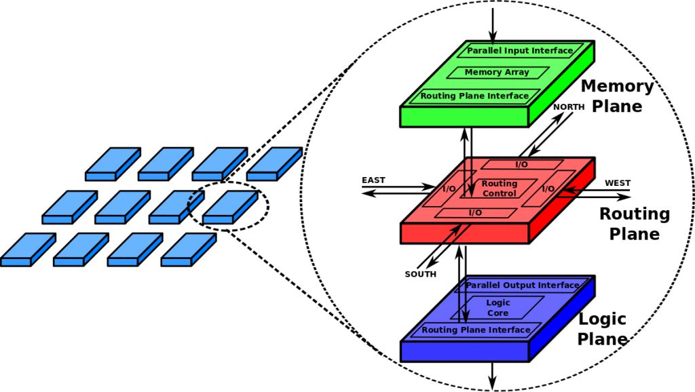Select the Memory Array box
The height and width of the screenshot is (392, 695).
pyautogui.click(x=497, y=73)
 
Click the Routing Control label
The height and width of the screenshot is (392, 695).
pyautogui.click(x=499, y=189)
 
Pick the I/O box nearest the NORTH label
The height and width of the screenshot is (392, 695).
pyautogui.click(x=521, y=164)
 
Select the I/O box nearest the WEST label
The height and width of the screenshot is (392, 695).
pyautogui.click(x=548, y=189)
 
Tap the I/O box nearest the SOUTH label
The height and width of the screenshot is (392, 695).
pyautogui.click(x=475, y=213)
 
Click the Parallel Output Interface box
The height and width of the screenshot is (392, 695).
pyautogui.click(x=522, y=286)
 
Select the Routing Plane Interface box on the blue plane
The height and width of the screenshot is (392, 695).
pyautogui.click(x=476, y=330)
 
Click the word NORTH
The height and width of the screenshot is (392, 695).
pyautogui.click(x=569, y=107)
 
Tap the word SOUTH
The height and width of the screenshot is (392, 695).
pyautogui.click(x=421, y=275)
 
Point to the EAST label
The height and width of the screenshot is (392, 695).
pyautogui.click(x=373, y=180)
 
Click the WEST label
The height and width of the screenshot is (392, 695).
pyautogui.click(x=617, y=183)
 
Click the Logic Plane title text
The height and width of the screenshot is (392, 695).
pyautogui.click(x=601, y=330)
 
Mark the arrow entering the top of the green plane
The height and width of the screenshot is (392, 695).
pyautogui.click(x=494, y=20)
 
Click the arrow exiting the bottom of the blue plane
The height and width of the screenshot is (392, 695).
pyautogui.click(x=494, y=376)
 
